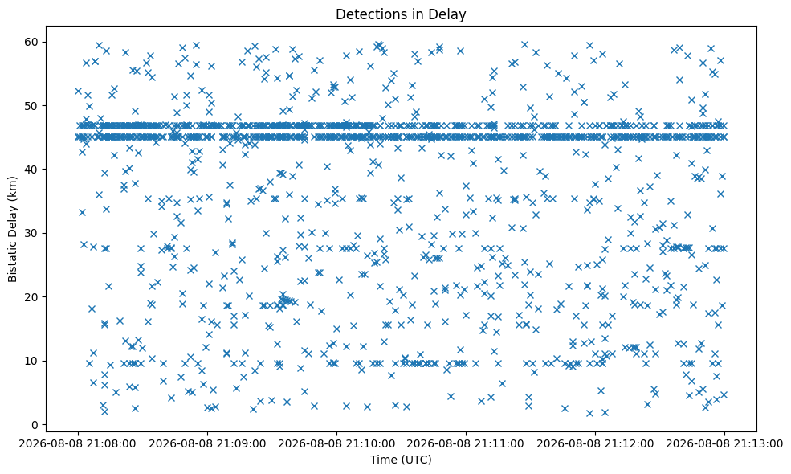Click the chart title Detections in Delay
click(401, 14)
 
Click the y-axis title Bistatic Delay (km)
click(13, 229)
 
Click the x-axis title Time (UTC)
click(401, 460)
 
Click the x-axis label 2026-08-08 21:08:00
click(78, 444)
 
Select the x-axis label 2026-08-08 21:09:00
click(207, 444)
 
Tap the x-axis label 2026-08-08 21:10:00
click(336, 444)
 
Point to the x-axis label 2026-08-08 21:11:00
click(466, 444)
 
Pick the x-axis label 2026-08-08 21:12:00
click(595, 444)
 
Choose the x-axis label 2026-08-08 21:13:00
click(725, 444)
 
